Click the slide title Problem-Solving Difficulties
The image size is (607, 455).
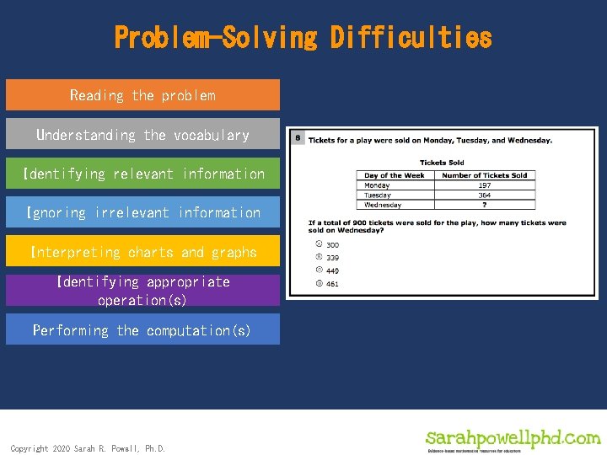(303, 38)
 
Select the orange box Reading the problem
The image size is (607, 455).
(142, 95)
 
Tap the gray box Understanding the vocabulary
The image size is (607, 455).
(142, 135)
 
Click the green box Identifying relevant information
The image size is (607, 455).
(142, 174)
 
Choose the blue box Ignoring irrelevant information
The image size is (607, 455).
(142, 213)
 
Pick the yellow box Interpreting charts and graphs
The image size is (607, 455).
(142, 252)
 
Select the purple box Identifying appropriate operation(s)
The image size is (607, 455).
(142, 291)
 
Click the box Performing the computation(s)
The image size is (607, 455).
(142, 330)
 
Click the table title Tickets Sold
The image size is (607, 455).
(442, 163)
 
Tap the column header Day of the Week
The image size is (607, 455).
(395, 175)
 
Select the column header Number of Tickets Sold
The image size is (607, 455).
(485, 175)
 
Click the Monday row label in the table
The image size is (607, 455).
(378, 185)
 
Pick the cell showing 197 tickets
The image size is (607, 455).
(485, 185)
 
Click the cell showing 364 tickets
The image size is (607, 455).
(485, 195)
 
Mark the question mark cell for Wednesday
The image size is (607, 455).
(485, 205)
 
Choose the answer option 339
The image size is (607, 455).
(332, 257)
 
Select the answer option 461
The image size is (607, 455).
(332, 284)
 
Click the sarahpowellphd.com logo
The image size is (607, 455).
(513, 440)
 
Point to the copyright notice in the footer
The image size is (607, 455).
(88, 448)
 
